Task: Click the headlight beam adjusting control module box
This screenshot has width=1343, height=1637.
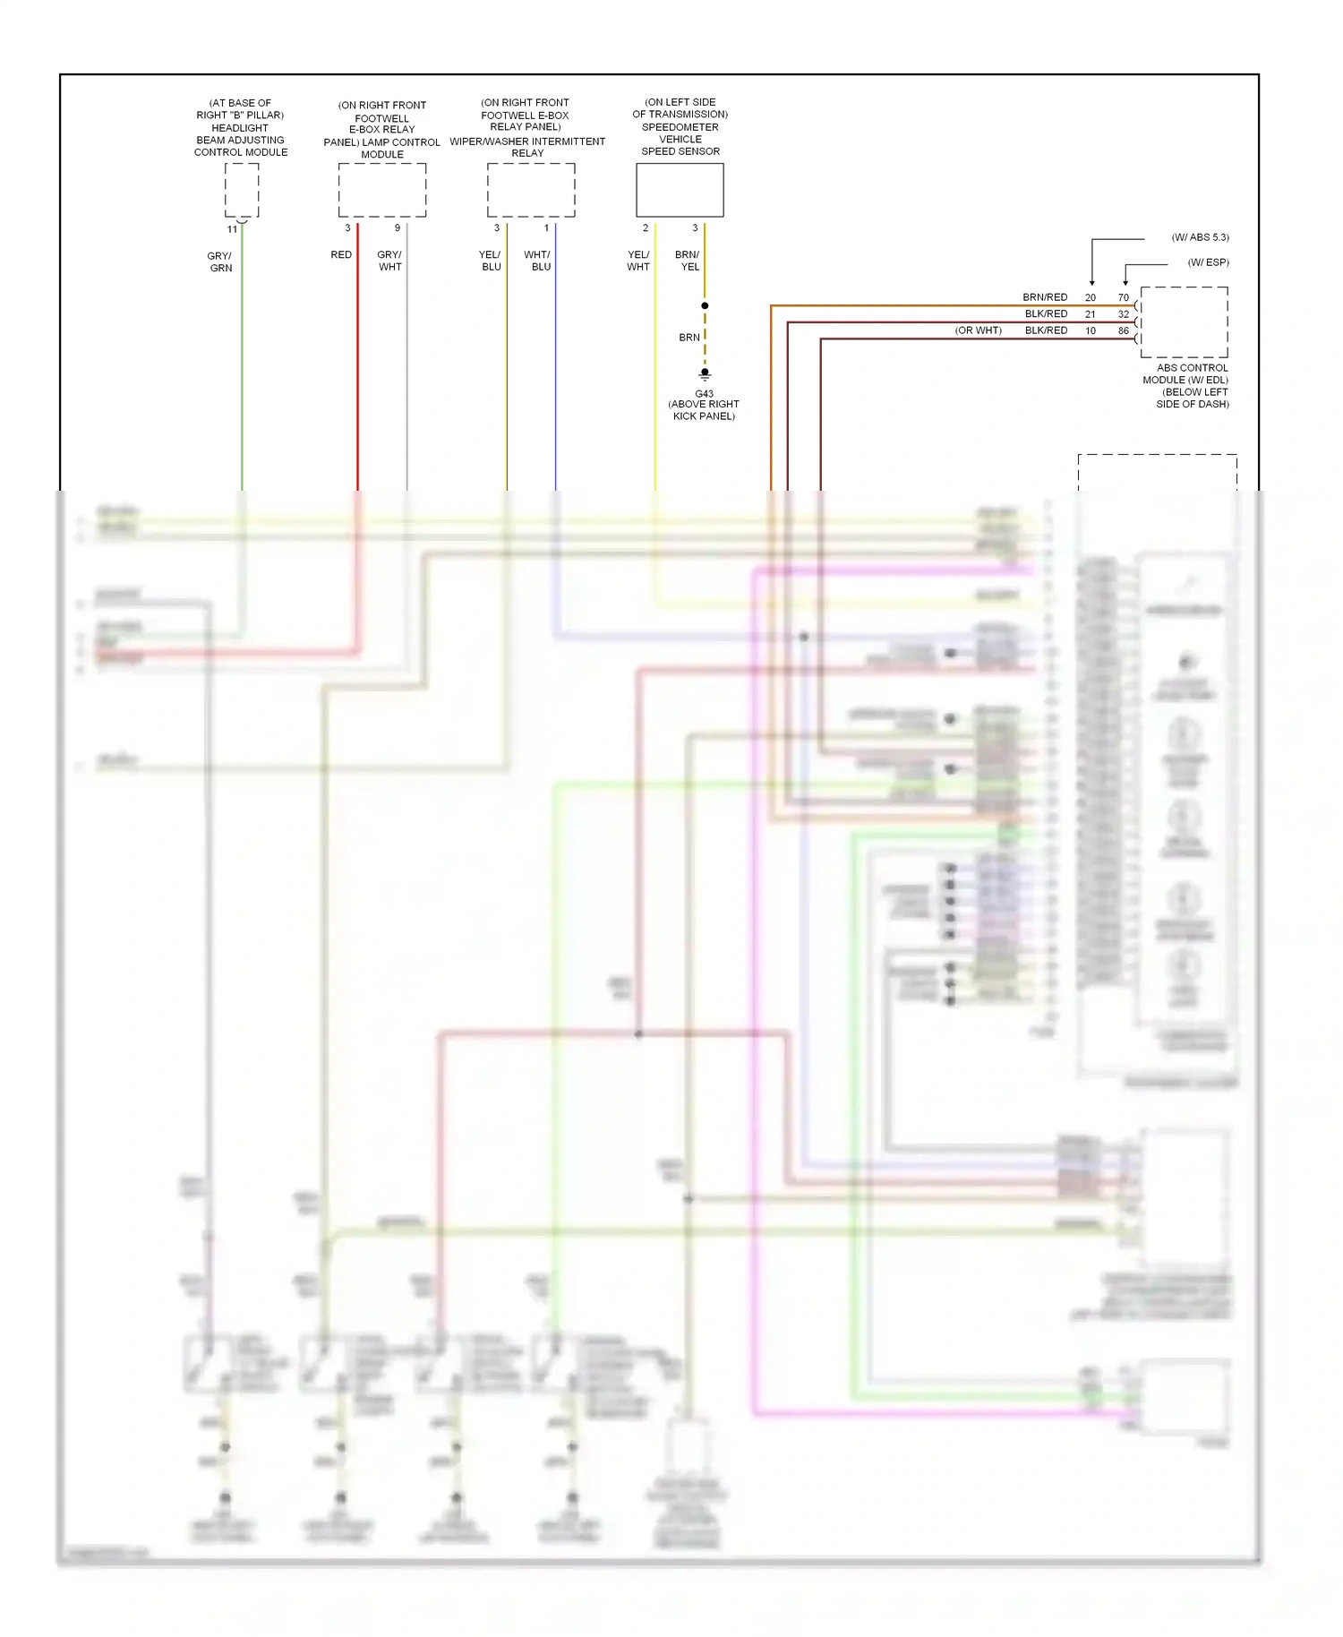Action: (x=241, y=191)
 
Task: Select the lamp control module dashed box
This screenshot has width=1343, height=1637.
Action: (x=382, y=191)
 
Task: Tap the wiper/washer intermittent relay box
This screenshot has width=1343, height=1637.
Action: (x=531, y=191)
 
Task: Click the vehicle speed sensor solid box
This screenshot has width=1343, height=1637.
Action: (x=680, y=191)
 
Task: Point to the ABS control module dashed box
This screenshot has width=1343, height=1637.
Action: (x=1184, y=322)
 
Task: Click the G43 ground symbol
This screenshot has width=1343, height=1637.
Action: (x=705, y=374)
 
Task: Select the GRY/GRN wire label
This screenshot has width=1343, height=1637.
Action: (x=220, y=261)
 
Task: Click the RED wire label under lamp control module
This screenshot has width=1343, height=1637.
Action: (x=341, y=254)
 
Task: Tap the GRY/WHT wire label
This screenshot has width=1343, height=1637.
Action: (x=389, y=261)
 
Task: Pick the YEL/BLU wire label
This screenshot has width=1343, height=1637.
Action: (x=491, y=261)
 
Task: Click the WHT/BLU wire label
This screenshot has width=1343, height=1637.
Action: (x=538, y=261)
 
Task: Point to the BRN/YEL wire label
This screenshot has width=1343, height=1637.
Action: (x=688, y=261)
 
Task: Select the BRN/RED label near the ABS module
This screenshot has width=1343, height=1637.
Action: (x=1045, y=297)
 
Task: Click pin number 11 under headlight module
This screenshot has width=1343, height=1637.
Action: (x=232, y=229)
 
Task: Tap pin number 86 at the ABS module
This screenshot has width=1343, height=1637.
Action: (x=1123, y=330)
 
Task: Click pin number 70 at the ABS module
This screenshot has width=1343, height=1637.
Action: (x=1123, y=297)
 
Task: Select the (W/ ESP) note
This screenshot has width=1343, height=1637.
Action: (x=1208, y=262)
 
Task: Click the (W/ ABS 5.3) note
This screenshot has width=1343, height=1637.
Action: (x=1200, y=237)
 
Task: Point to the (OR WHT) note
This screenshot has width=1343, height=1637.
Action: (x=978, y=330)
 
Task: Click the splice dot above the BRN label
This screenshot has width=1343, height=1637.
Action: (x=705, y=306)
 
